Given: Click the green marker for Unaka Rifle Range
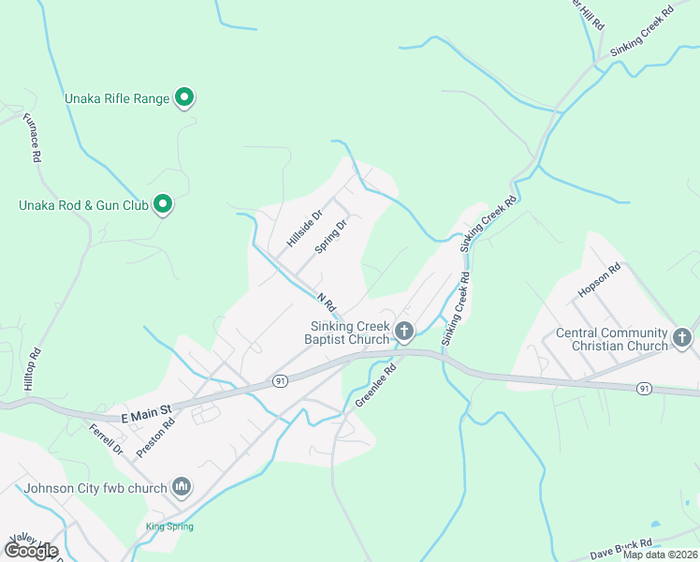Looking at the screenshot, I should click(184, 96).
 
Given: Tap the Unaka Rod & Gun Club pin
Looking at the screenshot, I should click(163, 203).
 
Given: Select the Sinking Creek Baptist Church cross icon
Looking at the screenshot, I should click(404, 330).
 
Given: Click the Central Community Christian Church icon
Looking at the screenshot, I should click(682, 337).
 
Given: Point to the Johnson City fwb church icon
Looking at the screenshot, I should click(182, 486).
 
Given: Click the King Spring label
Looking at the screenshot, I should click(169, 526).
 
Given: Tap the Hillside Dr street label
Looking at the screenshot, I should click(304, 229).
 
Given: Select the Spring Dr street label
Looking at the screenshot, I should click(331, 236).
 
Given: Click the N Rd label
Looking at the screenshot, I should click(326, 302).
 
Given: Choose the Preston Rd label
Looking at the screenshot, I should click(155, 436).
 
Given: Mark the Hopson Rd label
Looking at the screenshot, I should click(599, 281).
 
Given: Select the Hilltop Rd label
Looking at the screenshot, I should click(36, 368).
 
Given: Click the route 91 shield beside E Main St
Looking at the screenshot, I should click(280, 380).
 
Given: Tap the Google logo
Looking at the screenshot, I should click(30, 551).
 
